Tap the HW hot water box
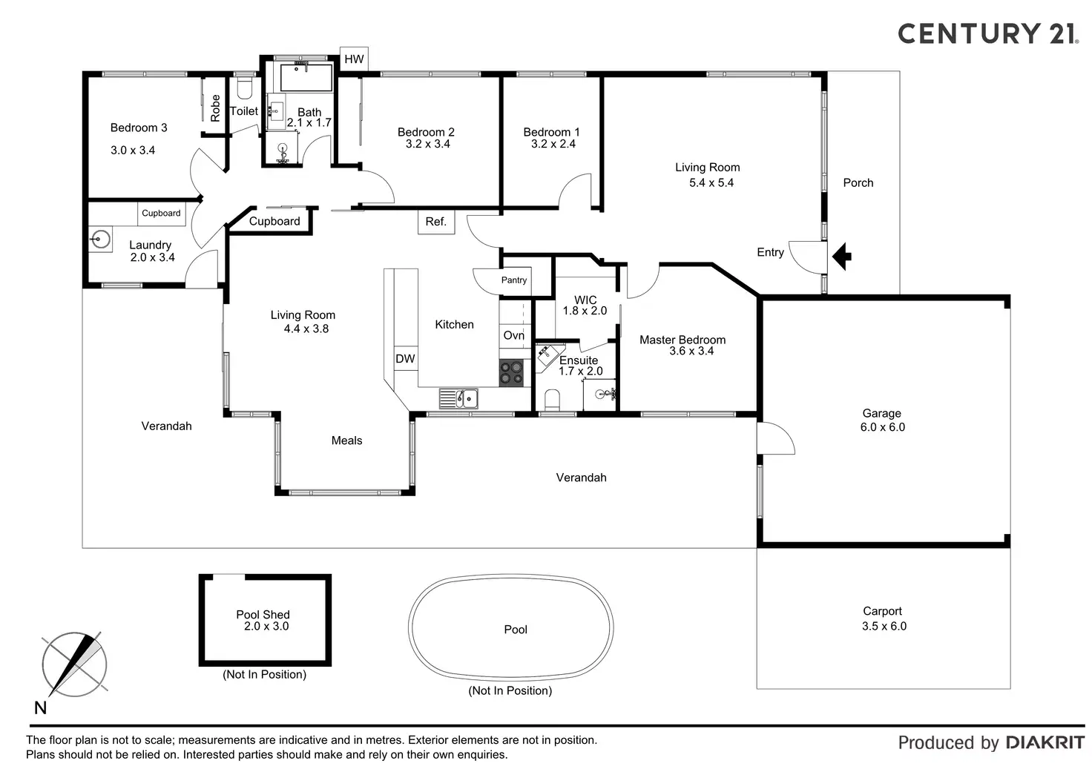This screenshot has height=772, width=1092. tap(354, 59)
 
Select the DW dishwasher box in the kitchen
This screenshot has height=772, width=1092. tap(405, 359)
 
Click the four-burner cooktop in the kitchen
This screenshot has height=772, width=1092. tap(510, 372)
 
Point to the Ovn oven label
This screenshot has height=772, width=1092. tap(513, 335)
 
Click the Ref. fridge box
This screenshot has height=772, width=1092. tap(435, 222)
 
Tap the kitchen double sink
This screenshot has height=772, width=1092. tap(458, 398)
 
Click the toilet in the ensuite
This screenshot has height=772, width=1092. tap(552, 400)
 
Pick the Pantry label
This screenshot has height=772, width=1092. tap(513, 280)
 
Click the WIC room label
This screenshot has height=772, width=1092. tap(585, 300)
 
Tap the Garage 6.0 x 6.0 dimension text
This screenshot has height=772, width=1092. tap(882, 427)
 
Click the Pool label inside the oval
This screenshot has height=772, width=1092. tap(515, 630)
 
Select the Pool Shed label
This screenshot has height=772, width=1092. tap(263, 614)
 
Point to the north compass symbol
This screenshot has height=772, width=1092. tap(74, 664)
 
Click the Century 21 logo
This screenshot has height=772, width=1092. tap(987, 33)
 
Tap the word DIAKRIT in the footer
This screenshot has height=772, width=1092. tap(1045, 742)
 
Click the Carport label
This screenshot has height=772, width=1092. tap(882, 611)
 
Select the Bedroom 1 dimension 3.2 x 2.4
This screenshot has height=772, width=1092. tap(553, 144)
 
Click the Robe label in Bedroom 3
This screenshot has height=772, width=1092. tap(215, 108)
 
